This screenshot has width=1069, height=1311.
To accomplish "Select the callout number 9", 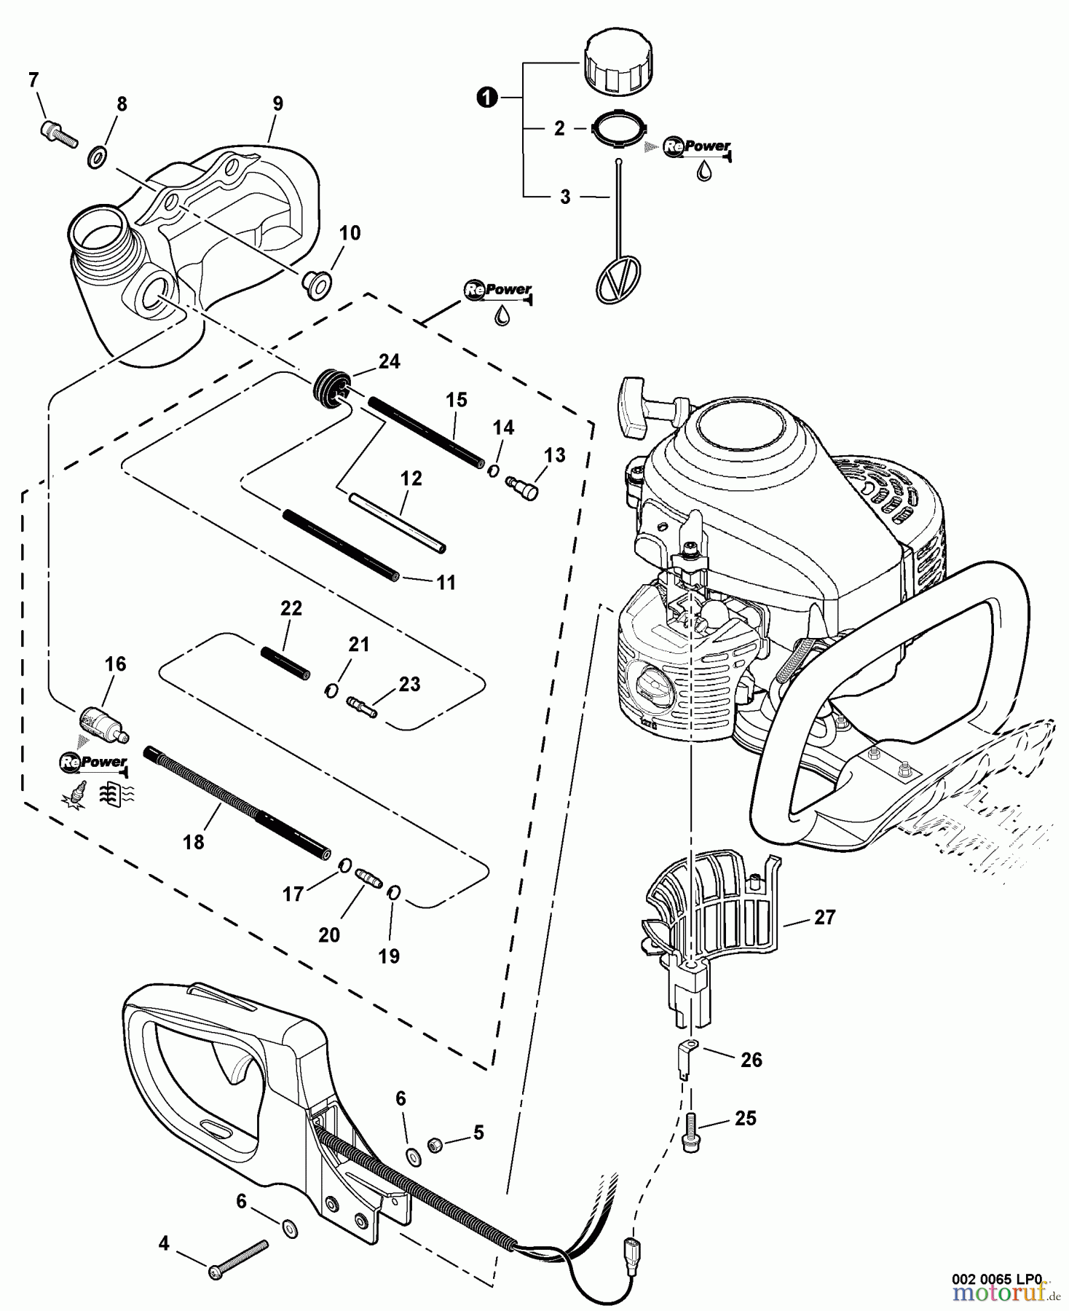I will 277,103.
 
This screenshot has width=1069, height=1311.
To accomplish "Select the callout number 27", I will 824,917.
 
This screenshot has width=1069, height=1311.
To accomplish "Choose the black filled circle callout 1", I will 487,97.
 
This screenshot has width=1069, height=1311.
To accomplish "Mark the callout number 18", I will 193,842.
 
